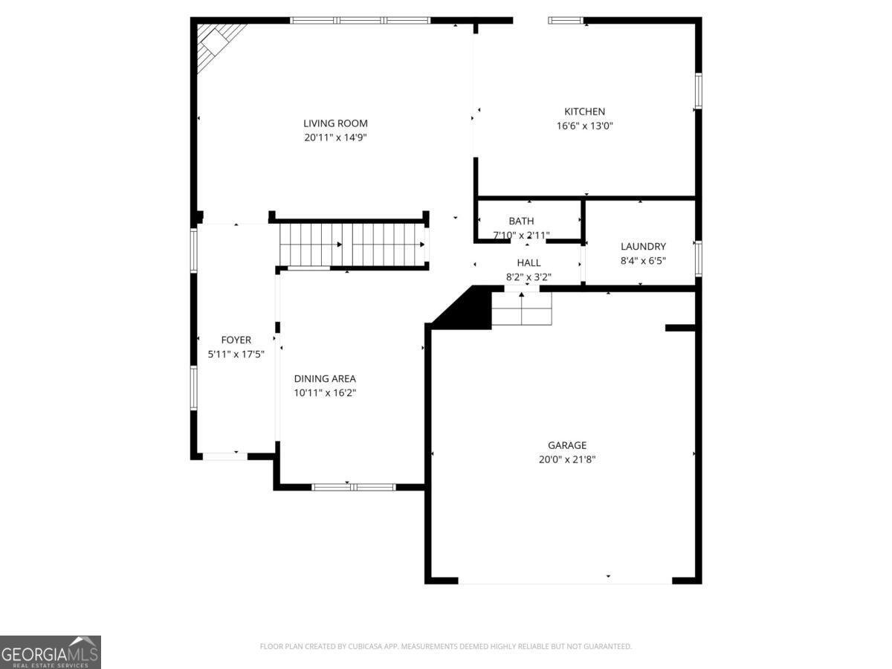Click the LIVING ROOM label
(335, 123)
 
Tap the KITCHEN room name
(584, 111)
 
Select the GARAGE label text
(567, 445)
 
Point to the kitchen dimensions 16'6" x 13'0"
(584, 126)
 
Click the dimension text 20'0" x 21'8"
(567, 459)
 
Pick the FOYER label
(236, 340)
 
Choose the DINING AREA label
(325, 378)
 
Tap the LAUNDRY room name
(643, 246)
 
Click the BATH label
(521, 221)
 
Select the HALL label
(529, 263)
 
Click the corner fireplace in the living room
(216, 45)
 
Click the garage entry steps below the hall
(522, 308)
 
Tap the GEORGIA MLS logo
(51, 652)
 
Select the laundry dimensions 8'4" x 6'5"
(643, 261)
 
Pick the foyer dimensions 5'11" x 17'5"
(236, 355)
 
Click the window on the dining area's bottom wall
(354, 487)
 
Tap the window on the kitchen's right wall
(698, 91)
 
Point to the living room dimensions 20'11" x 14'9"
(335, 138)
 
